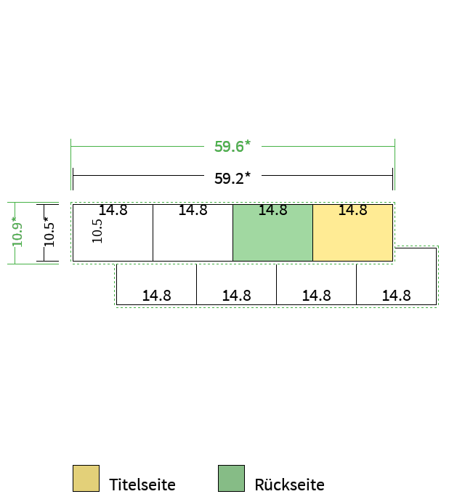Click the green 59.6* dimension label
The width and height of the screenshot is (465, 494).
tap(232, 147)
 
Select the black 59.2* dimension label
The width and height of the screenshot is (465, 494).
tap(232, 178)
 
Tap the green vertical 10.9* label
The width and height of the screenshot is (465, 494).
tap(17, 232)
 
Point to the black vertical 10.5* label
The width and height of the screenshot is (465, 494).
tap(49, 232)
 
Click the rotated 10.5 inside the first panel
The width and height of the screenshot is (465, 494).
tap(97, 231)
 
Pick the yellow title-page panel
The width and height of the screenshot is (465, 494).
tap(353, 232)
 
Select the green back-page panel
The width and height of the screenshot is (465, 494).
tap(273, 232)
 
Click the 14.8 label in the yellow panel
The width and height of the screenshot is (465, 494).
tap(353, 210)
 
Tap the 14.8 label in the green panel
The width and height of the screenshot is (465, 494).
tap(273, 210)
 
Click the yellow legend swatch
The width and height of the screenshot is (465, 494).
tap(86, 478)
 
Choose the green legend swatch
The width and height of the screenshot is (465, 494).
tap(231, 478)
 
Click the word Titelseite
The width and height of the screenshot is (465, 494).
tap(142, 485)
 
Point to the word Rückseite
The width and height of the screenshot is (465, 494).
tap(289, 485)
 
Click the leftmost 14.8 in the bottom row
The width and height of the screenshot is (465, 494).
tap(157, 296)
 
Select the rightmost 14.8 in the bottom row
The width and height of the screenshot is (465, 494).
tap(396, 296)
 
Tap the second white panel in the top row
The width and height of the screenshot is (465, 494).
tap(193, 232)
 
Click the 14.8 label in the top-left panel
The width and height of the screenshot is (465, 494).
tap(113, 210)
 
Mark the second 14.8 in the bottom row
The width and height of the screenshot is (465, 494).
tap(237, 296)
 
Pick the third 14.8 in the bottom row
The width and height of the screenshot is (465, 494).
tap(316, 296)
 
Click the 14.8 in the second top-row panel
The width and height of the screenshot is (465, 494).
tap(193, 210)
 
